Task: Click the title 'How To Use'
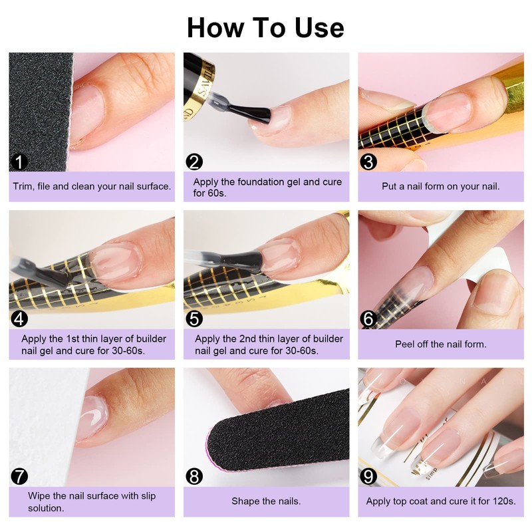point(265,28)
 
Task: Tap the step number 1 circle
point(19,162)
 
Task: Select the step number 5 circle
point(194,319)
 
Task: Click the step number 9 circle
point(368,477)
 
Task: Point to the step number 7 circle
point(19,477)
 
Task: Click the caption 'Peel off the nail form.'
point(441,344)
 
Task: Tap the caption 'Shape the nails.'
point(266,501)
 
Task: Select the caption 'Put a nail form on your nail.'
point(441,186)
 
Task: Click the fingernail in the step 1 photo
point(86,114)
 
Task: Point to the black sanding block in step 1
point(40,112)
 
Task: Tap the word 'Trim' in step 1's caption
point(23,186)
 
